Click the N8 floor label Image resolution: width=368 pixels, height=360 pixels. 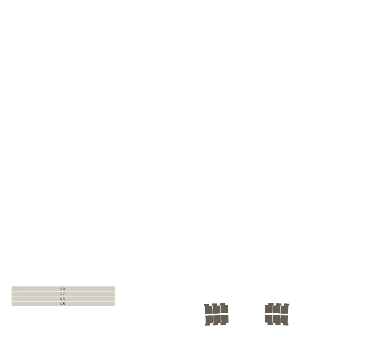(x=62, y=289)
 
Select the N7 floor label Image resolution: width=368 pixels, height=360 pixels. (x=62, y=294)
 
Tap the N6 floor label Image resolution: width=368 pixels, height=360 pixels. (x=62, y=299)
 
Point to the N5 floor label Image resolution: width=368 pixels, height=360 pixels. (x=62, y=304)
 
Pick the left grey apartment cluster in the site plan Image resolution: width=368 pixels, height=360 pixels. (x=216, y=314)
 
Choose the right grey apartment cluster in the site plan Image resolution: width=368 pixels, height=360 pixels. (x=277, y=314)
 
